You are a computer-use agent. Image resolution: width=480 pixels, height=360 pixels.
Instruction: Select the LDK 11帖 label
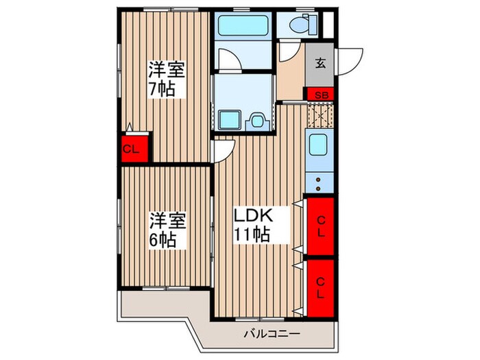pyautogui.click(x=254, y=225)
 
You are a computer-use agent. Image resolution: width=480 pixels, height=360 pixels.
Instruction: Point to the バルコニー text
pyautogui.click(x=272, y=335)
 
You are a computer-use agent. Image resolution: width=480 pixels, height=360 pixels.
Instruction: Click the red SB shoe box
pyautogui.click(x=320, y=94)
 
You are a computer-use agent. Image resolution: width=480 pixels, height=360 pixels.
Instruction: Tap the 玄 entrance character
pyautogui.click(x=320, y=64)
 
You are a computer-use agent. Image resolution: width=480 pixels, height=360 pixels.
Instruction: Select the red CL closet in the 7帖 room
pyautogui.click(x=131, y=147)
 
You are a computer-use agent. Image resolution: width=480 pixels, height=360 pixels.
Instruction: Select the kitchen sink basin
pyautogui.click(x=318, y=145)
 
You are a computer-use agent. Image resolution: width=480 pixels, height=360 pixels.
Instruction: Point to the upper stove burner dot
pyautogui.click(x=318, y=180)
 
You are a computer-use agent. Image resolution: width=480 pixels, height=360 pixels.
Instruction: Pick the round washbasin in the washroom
pyautogui.click(x=257, y=121)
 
